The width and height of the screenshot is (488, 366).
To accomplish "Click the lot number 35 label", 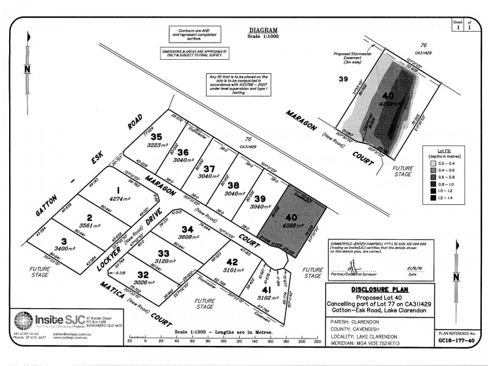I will [x=157, y=137].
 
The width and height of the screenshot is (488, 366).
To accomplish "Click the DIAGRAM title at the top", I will [x=263, y=30].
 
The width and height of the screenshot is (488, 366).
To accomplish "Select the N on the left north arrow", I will [x=27, y=69].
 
